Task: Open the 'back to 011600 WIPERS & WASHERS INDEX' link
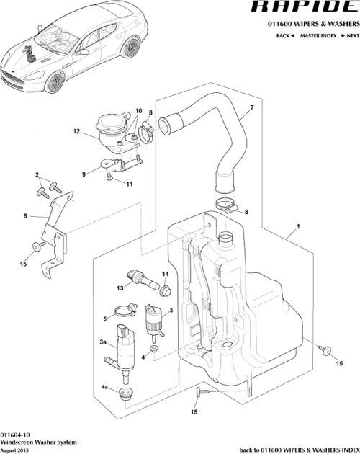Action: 297,448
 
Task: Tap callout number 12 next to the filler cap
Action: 95,132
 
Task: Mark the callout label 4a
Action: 104,388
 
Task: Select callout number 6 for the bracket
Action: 24,215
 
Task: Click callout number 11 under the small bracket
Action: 130,184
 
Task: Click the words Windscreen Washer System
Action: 36,442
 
